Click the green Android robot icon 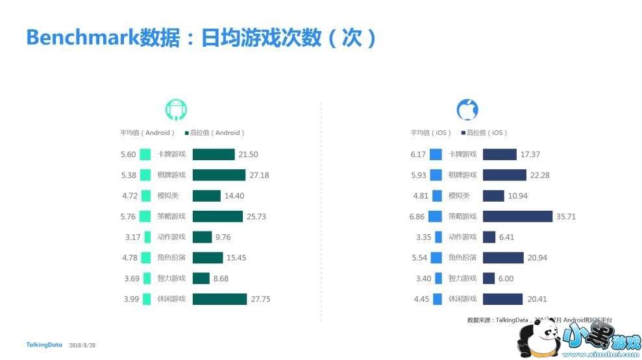176,110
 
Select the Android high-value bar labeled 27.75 219,299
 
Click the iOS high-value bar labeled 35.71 517,216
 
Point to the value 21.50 248,154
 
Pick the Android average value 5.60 128,154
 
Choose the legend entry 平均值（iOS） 430,133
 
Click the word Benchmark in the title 82,38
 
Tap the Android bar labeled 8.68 201,278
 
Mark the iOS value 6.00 506,278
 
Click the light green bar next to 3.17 148,237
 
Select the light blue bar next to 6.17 436,154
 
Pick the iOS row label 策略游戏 462,216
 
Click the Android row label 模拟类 167,196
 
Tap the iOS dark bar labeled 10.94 493,196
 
